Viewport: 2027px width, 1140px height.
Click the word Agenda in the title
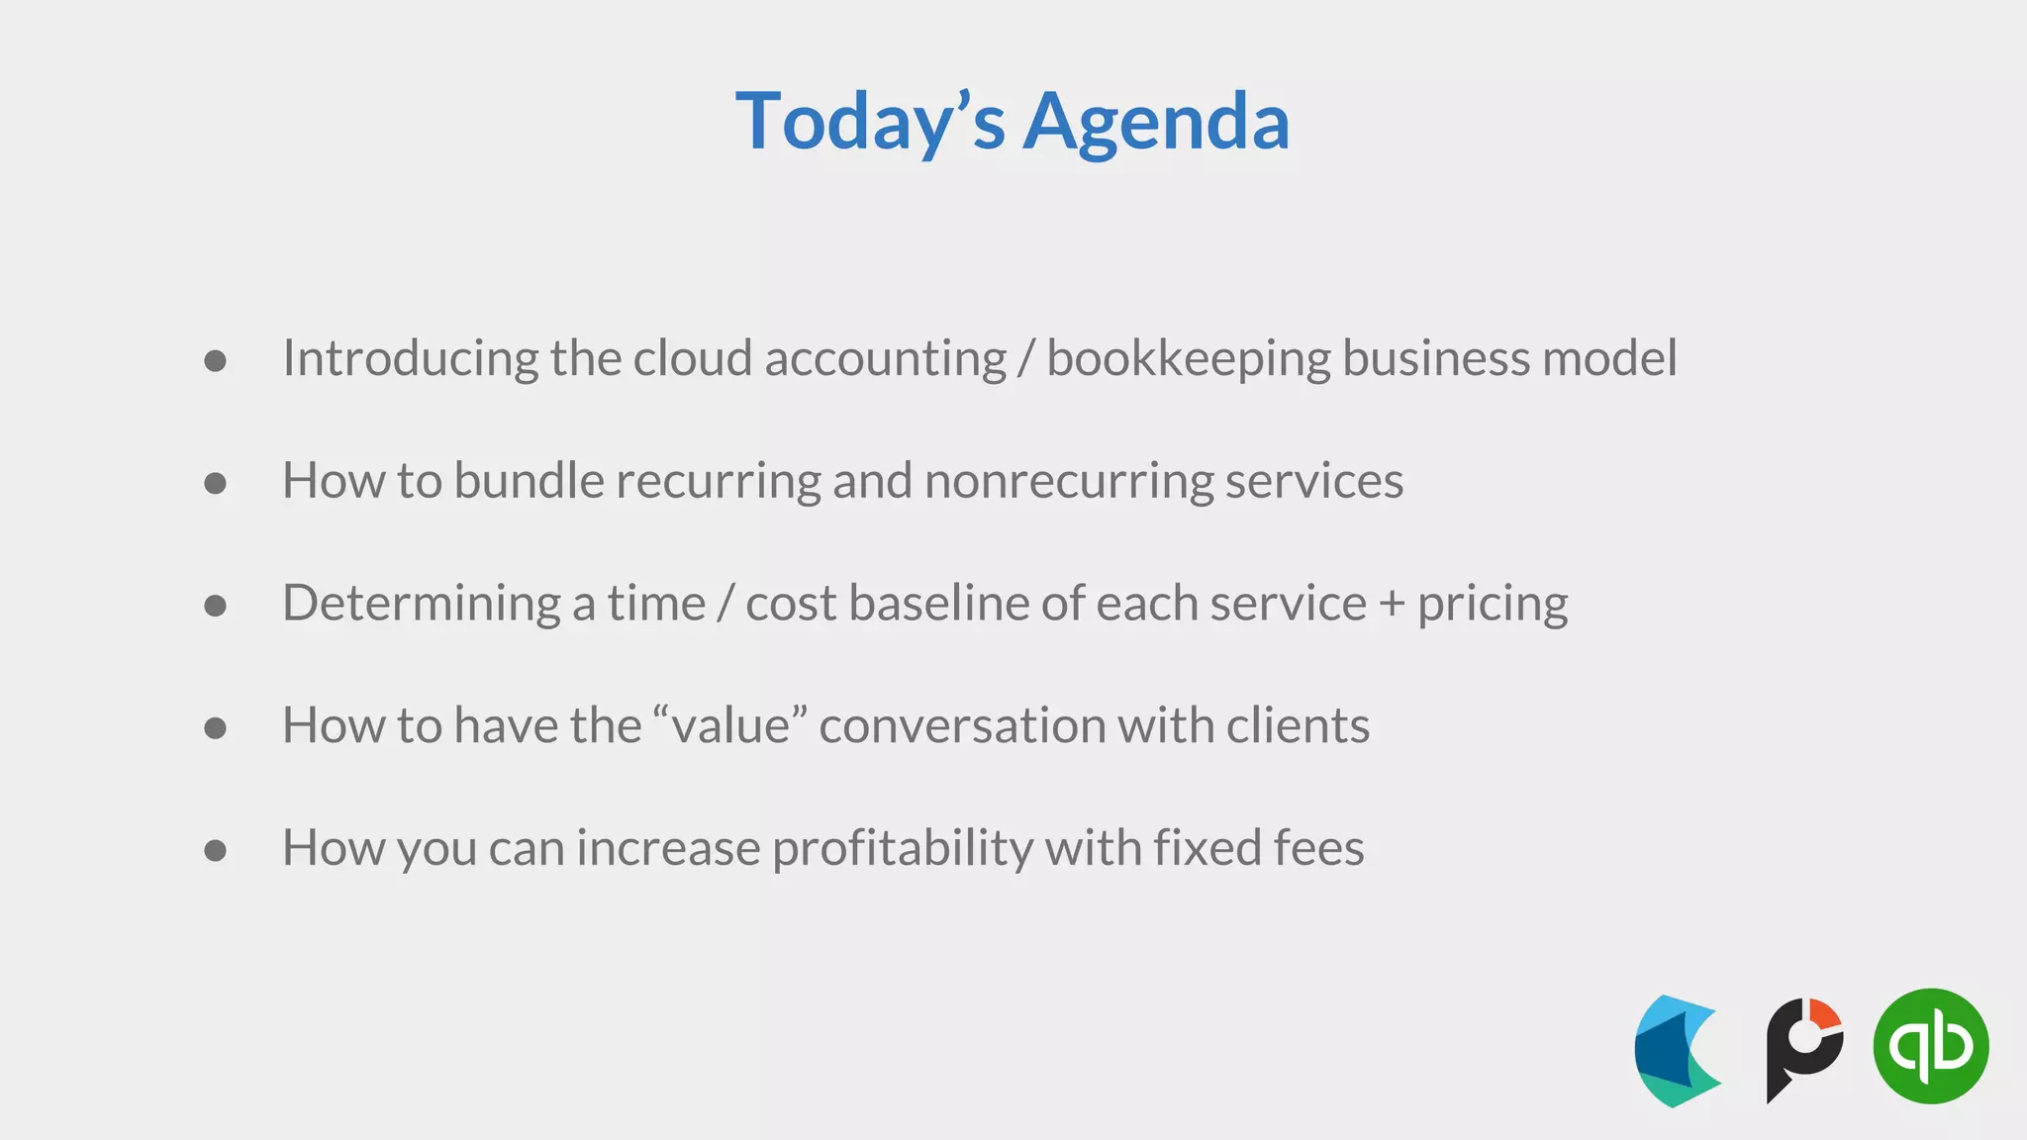coord(1155,122)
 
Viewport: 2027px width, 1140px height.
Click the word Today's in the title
coord(870,122)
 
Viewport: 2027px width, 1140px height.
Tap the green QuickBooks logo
coord(1930,1046)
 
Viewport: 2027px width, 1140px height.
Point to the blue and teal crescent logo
coord(1677,1051)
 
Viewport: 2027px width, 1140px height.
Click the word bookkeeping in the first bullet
coord(1188,359)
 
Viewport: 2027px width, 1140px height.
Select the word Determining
coord(422,604)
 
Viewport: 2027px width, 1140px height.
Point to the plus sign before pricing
coord(1392,604)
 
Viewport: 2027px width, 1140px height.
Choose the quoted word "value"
coord(730,725)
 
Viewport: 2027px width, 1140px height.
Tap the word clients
coord(1298,725)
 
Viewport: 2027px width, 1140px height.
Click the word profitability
coord(903,849)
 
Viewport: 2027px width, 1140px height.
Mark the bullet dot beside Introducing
coord(215,361)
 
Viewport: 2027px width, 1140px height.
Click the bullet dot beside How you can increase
coord(215,850)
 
